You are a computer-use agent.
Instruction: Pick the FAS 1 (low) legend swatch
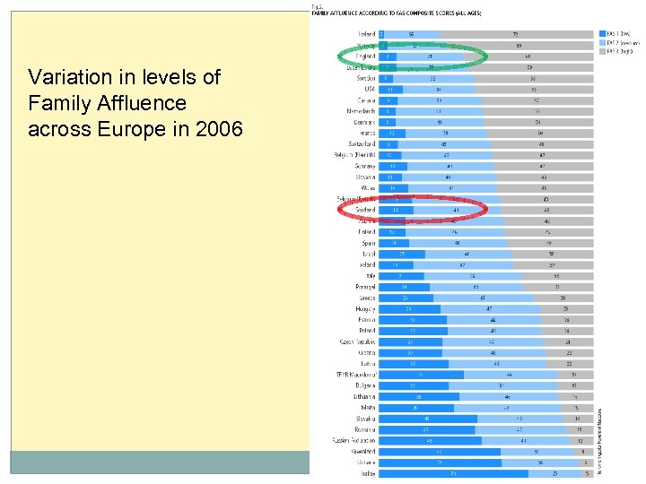point(603,33)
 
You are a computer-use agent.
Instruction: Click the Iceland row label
point(365,34)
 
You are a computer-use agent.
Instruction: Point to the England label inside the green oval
point(364,56)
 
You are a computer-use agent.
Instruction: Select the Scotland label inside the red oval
point(364,210)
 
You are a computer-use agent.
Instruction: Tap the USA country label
point(369,89)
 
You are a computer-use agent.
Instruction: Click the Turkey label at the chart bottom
point(367,473)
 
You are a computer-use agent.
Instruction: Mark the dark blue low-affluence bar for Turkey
point(453,473)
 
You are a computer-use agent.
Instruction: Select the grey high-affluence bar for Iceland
point(516,34)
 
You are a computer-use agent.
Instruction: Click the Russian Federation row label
point(354,440)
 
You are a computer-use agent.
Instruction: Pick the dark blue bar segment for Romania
point(427,429)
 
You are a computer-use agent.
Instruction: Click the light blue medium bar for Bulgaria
point(502,385)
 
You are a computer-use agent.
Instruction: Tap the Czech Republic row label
point(357,341)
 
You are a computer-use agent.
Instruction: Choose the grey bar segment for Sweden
point(533,78)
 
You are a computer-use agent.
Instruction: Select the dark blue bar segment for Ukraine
point(440,462)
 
